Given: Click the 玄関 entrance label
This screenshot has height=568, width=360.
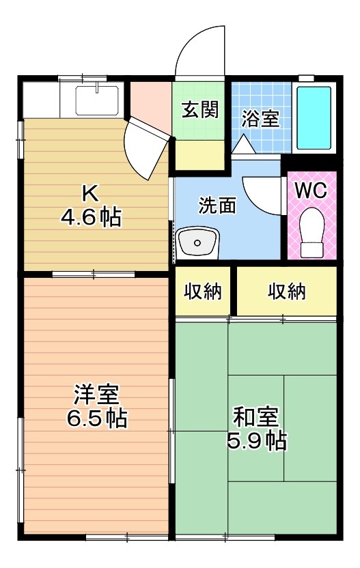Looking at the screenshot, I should [x=199, y=111].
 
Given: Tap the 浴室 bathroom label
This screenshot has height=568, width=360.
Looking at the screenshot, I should [x=260, y=118].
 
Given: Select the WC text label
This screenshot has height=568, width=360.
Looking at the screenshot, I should [x=310, y=190].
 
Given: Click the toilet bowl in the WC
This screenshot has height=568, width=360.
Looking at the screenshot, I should [x=311, y=231].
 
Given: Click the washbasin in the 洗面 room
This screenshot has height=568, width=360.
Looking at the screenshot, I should [x=197, y=243].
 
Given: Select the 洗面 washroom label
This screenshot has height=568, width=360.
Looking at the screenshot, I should [x=217, y=205].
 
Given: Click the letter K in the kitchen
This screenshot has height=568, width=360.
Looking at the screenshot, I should [x=90, y=193].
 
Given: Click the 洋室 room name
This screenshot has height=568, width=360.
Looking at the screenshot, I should [x=96, y=394].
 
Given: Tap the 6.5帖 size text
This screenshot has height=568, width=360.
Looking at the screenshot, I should [x=96, y=418].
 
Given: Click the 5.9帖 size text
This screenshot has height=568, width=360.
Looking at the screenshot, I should [x=256, y=440].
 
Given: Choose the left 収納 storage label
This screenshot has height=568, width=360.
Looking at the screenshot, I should [x=203, y=292].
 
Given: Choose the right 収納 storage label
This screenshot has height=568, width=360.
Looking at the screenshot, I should [x=286, y=292].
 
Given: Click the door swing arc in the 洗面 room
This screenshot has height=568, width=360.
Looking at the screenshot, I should [x=261, y=195].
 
